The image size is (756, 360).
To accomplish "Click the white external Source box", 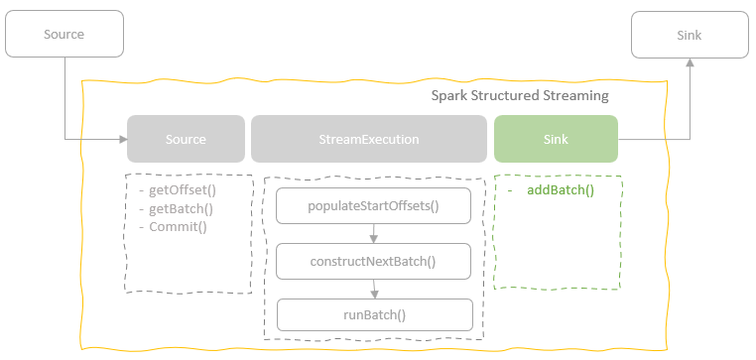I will point(64,35).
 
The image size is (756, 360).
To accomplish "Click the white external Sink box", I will point(690,35).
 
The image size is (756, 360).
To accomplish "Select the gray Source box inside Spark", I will point(186,139).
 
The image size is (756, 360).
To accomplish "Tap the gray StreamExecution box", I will point(369,139).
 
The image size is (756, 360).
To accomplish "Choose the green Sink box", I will point(556,139).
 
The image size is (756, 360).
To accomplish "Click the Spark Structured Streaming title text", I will point(520,96).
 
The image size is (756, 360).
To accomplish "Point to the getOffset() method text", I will point(182,190).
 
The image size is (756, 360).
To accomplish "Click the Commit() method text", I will point(178,226).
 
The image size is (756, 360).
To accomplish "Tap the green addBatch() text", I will point(562,189).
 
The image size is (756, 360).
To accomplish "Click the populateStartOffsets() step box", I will point(373,206).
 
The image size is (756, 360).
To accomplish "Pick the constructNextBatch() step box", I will point(373,262).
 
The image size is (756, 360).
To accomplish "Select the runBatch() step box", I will point(373,315).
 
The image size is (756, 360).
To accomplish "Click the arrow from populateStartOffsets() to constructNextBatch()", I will point(373,234).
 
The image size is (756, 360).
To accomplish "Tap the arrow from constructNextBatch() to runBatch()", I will point(373,289).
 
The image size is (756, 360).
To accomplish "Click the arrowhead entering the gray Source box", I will point(122,139).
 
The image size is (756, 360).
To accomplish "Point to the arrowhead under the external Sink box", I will point(690,61).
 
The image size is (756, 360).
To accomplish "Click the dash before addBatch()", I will point(508,189).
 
